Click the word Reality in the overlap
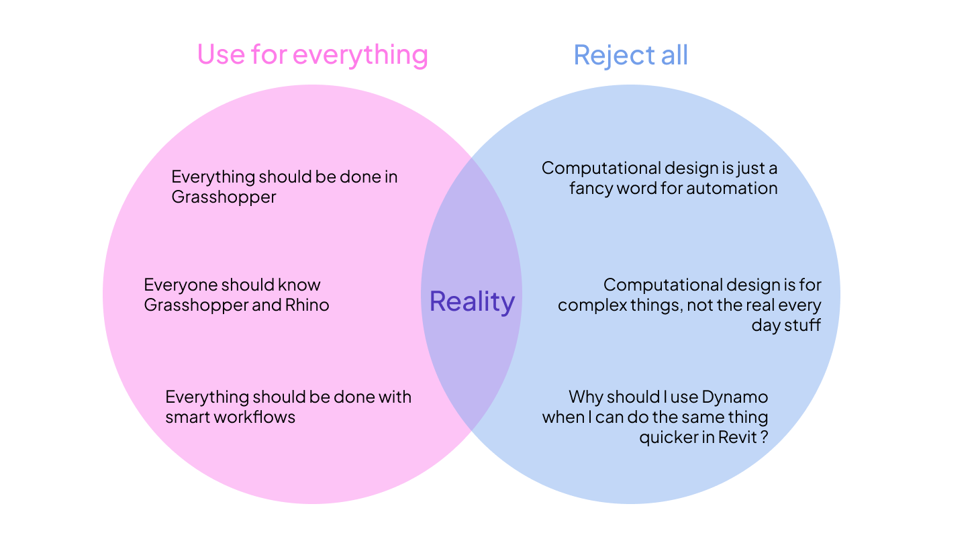(x=472, y=301)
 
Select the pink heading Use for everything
(x=312, y=54)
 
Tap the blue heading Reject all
(x=630, y=54)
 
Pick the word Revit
(x=739, y=437)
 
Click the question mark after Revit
(x=764, y=437)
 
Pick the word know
(x=301, y=285)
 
